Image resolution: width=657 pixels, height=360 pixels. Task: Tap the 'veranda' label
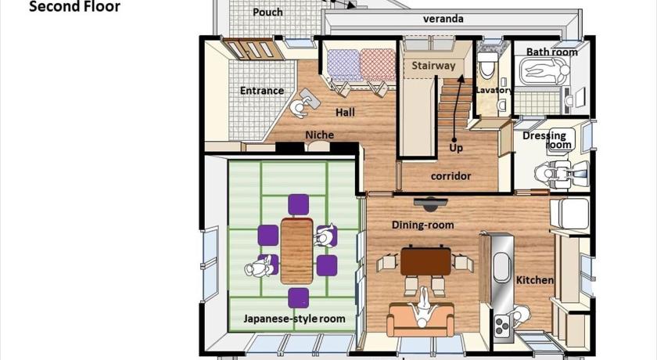pos(443,19)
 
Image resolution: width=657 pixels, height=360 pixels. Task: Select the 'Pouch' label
pos(267,13)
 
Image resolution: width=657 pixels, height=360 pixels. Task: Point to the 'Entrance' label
pos(262,91)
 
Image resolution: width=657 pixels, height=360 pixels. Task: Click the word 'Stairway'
pos(433,66)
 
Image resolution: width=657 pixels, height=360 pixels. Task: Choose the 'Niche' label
pos(319,135)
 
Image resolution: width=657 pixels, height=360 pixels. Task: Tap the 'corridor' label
pos(451,176)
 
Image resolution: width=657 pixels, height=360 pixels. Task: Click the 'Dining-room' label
pos(423,225)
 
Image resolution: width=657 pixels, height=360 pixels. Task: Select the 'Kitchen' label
pos(535,280)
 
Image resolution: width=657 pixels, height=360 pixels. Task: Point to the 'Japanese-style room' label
pos(295,319)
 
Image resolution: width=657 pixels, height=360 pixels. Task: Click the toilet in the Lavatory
pos(486,65)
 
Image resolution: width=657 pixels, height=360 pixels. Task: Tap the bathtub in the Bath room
pos(544,70)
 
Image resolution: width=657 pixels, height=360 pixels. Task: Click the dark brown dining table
pos(425,261)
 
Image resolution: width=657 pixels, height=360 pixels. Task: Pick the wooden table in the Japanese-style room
pos(296,250)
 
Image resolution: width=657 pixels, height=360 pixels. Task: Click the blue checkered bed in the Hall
pos(344,65)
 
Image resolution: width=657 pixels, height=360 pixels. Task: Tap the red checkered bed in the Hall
pos(378,64)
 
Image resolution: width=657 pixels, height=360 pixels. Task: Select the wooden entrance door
pos(250,49)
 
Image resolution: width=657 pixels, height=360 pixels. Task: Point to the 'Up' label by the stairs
pos(456,148)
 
